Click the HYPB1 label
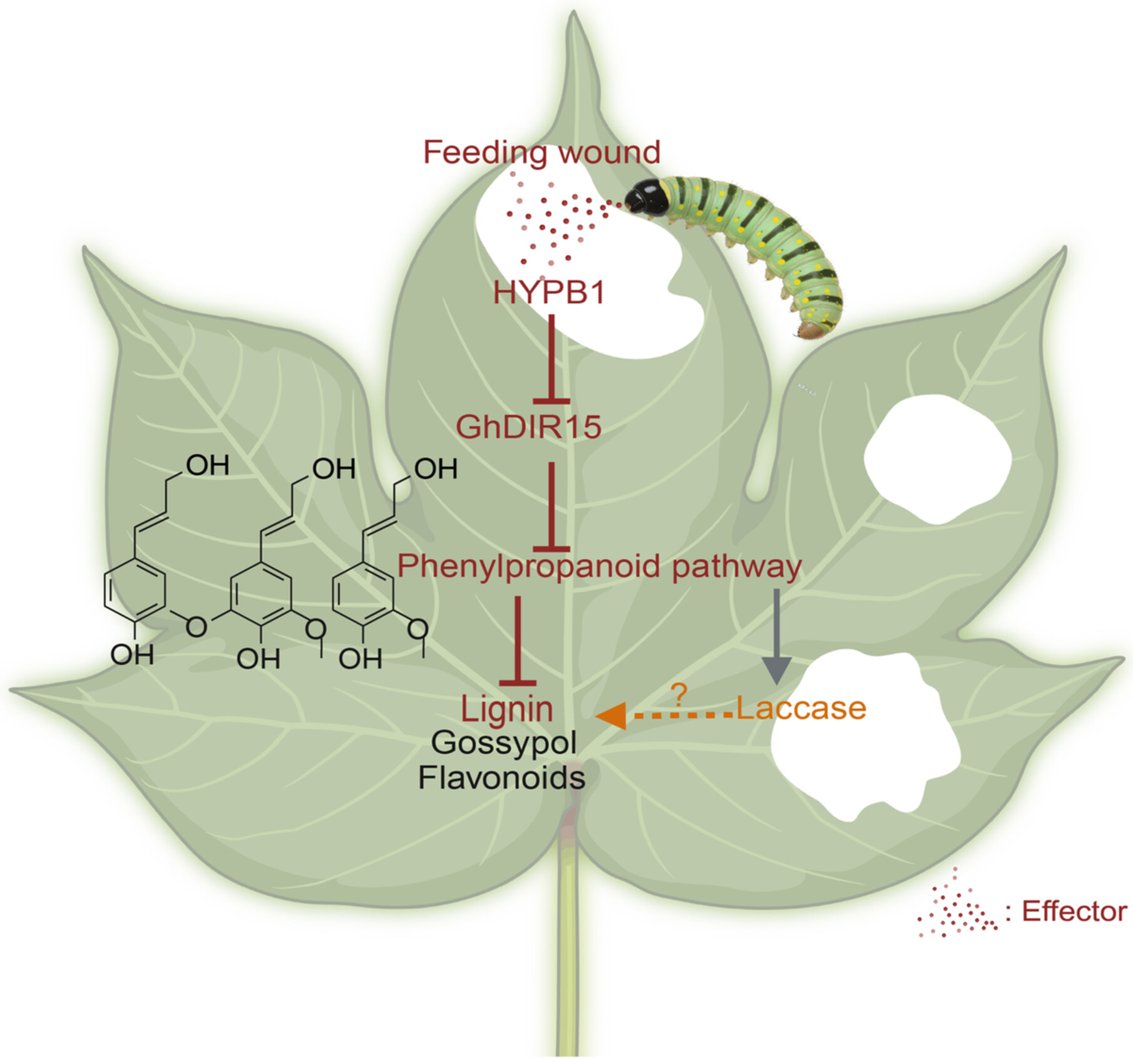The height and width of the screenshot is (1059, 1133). point(549,292)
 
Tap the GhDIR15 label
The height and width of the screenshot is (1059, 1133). point(528,427)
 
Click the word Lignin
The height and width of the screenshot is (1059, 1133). point(507,709)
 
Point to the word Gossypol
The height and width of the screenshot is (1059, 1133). point(504,743)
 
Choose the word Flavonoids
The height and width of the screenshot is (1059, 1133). point(501,778)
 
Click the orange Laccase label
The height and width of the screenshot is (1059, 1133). point(801,708)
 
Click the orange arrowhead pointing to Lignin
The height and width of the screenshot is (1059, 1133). point(612,715)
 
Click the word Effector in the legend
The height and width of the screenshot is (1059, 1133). point(1074,912)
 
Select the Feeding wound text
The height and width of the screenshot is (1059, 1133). point(541,152)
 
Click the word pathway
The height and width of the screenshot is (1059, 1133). point(737,566)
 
